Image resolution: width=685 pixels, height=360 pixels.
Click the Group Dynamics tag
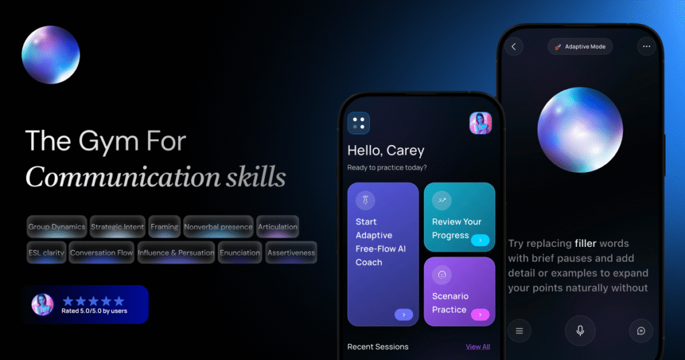pos(57,227)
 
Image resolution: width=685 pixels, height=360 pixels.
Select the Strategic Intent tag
pos(117,227)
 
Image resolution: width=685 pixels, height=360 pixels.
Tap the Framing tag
pos(164,227)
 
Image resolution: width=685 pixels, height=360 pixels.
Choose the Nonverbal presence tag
pos(218,227)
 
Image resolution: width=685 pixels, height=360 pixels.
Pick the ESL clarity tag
pos(46,253)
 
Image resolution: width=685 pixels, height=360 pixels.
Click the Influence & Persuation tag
pos(176,253)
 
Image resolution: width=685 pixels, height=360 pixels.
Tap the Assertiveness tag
pos(291,253)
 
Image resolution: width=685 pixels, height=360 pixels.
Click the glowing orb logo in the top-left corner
pos(51,54)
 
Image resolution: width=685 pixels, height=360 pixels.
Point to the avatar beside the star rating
pos(42,304)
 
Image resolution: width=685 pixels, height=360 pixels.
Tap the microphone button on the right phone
pos(580,330)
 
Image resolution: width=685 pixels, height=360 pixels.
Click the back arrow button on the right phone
pos(514,47)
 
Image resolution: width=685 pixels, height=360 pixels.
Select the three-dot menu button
pos(646,47)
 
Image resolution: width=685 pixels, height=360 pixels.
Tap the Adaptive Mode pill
pos(580,47)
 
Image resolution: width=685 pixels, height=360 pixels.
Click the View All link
pos(478,347)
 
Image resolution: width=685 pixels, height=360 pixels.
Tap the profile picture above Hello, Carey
pos(480,122)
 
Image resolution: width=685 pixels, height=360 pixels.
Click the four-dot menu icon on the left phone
pos(359,122)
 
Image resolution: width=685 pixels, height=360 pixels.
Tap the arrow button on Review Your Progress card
pos(480,240)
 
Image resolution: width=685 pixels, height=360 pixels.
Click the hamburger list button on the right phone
pos(519,330)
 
